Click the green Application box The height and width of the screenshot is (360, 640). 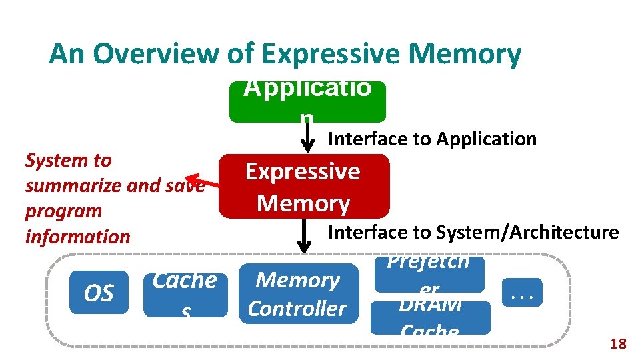307,102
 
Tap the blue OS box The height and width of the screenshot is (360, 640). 99,293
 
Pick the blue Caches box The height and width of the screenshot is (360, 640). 185,293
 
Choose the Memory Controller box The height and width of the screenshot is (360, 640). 297,294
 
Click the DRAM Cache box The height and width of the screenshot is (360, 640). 430,317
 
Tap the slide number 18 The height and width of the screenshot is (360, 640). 618,344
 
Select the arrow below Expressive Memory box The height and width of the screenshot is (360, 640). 304,235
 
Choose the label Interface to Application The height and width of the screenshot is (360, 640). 432,139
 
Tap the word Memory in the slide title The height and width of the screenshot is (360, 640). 461,54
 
